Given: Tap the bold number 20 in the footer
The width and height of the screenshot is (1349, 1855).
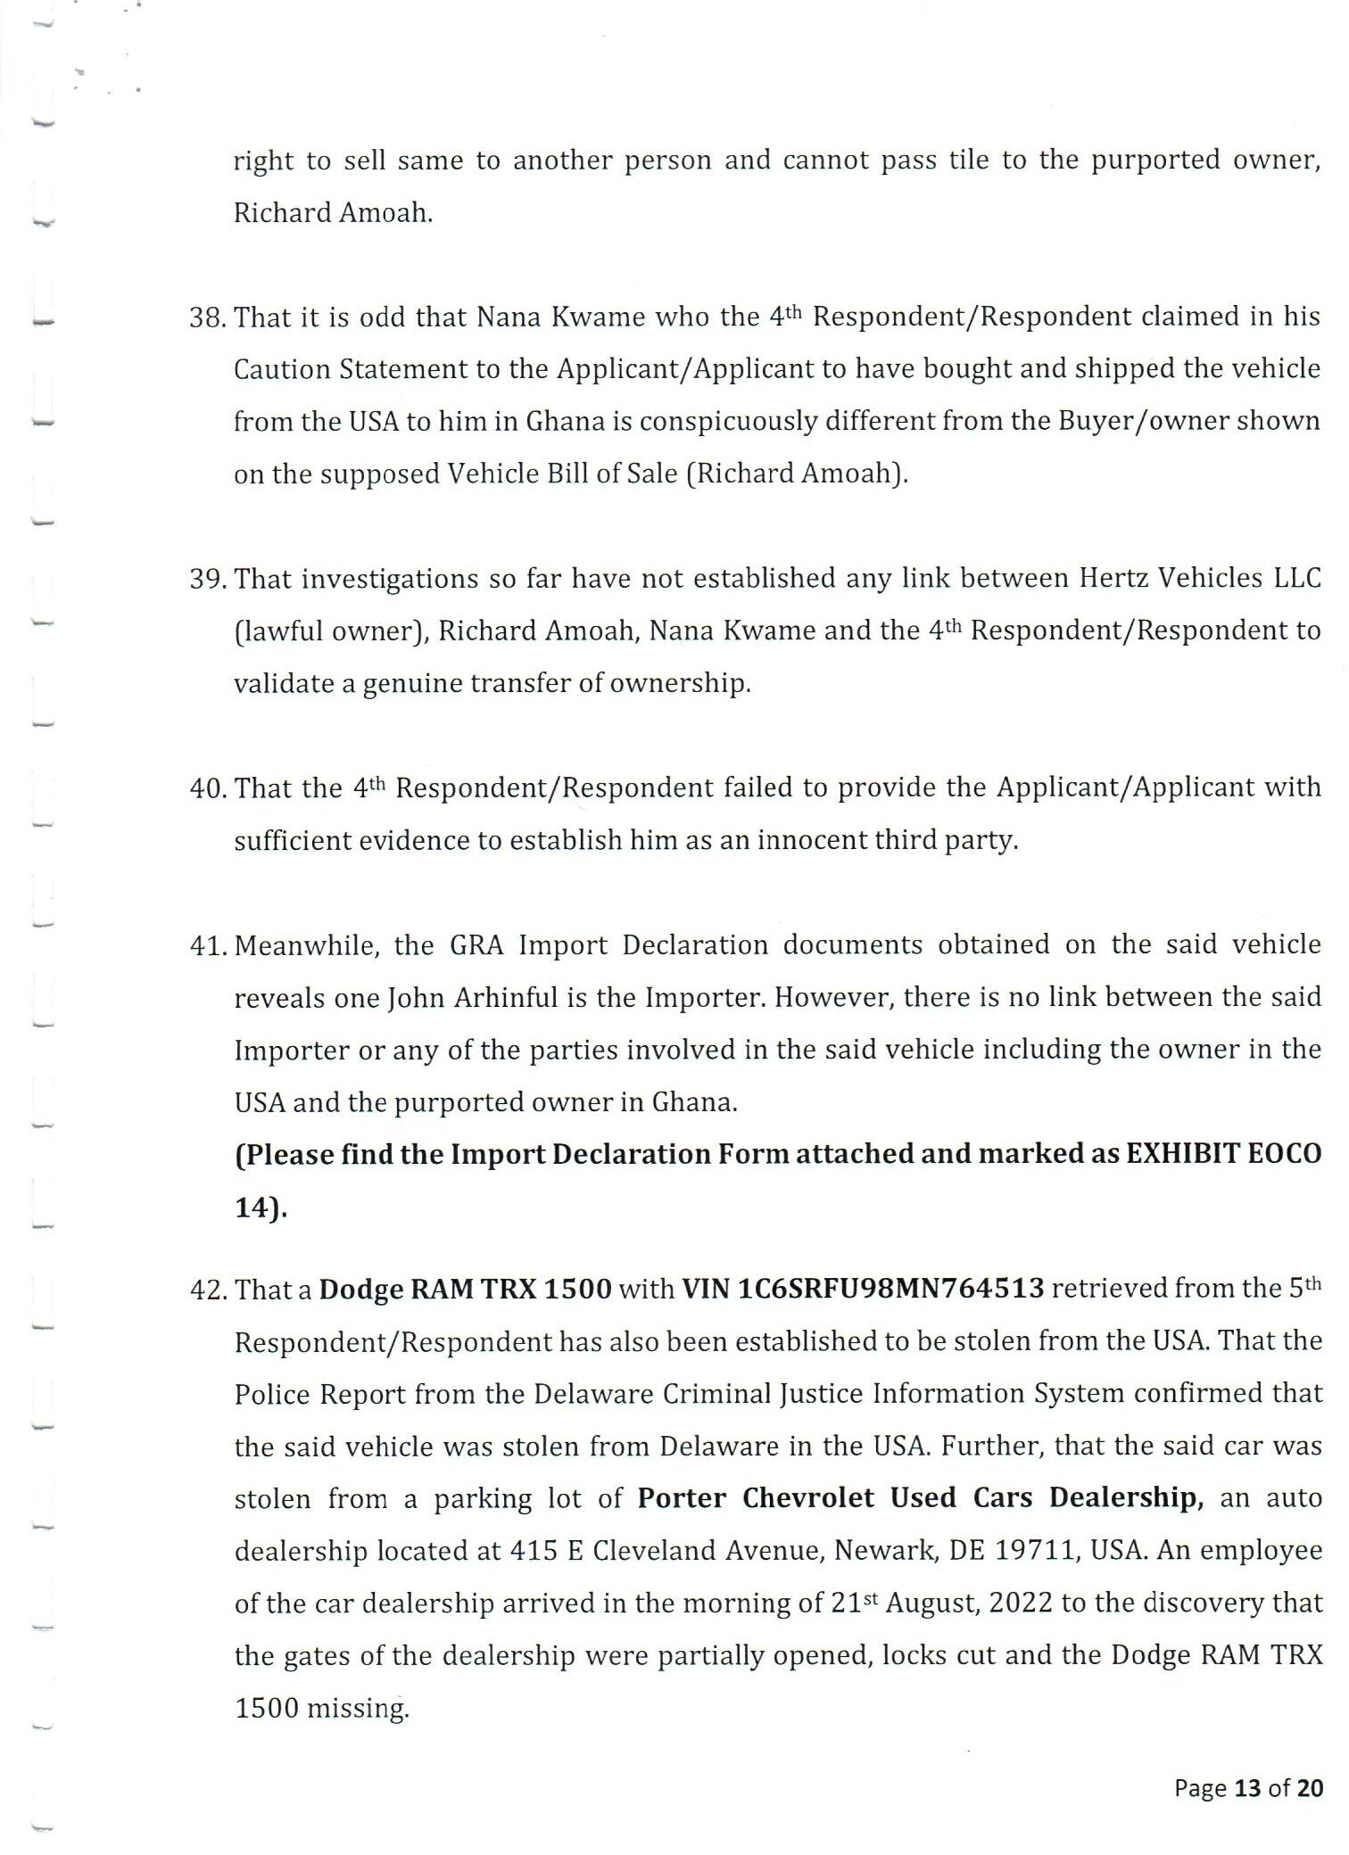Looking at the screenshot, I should click(1310, 1788).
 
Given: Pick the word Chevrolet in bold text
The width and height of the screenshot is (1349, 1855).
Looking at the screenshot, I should click(807, 1498).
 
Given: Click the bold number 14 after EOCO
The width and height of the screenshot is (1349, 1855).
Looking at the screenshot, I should click(251, 1208).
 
